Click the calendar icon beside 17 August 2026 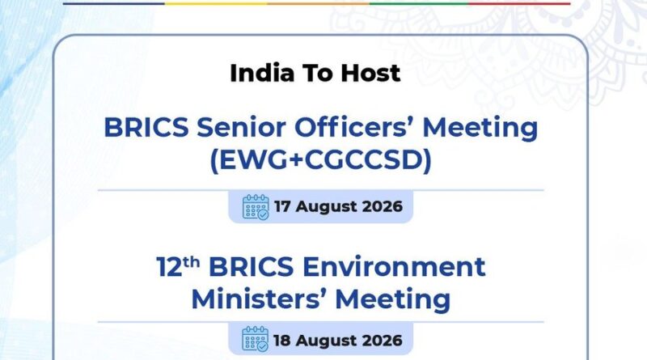tap(256, 207)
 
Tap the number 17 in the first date tap(282, 206)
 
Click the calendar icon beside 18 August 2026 tap(256, 339)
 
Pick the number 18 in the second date tap(282, 341)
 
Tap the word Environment tap(394, 267)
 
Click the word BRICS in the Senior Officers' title tap(146, 127)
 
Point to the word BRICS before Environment tap(252, 267)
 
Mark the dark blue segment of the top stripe tap(114, 4)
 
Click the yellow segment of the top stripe tap(216, 4)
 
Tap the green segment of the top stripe tap(419, 4)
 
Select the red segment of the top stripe tap(519, 4)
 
